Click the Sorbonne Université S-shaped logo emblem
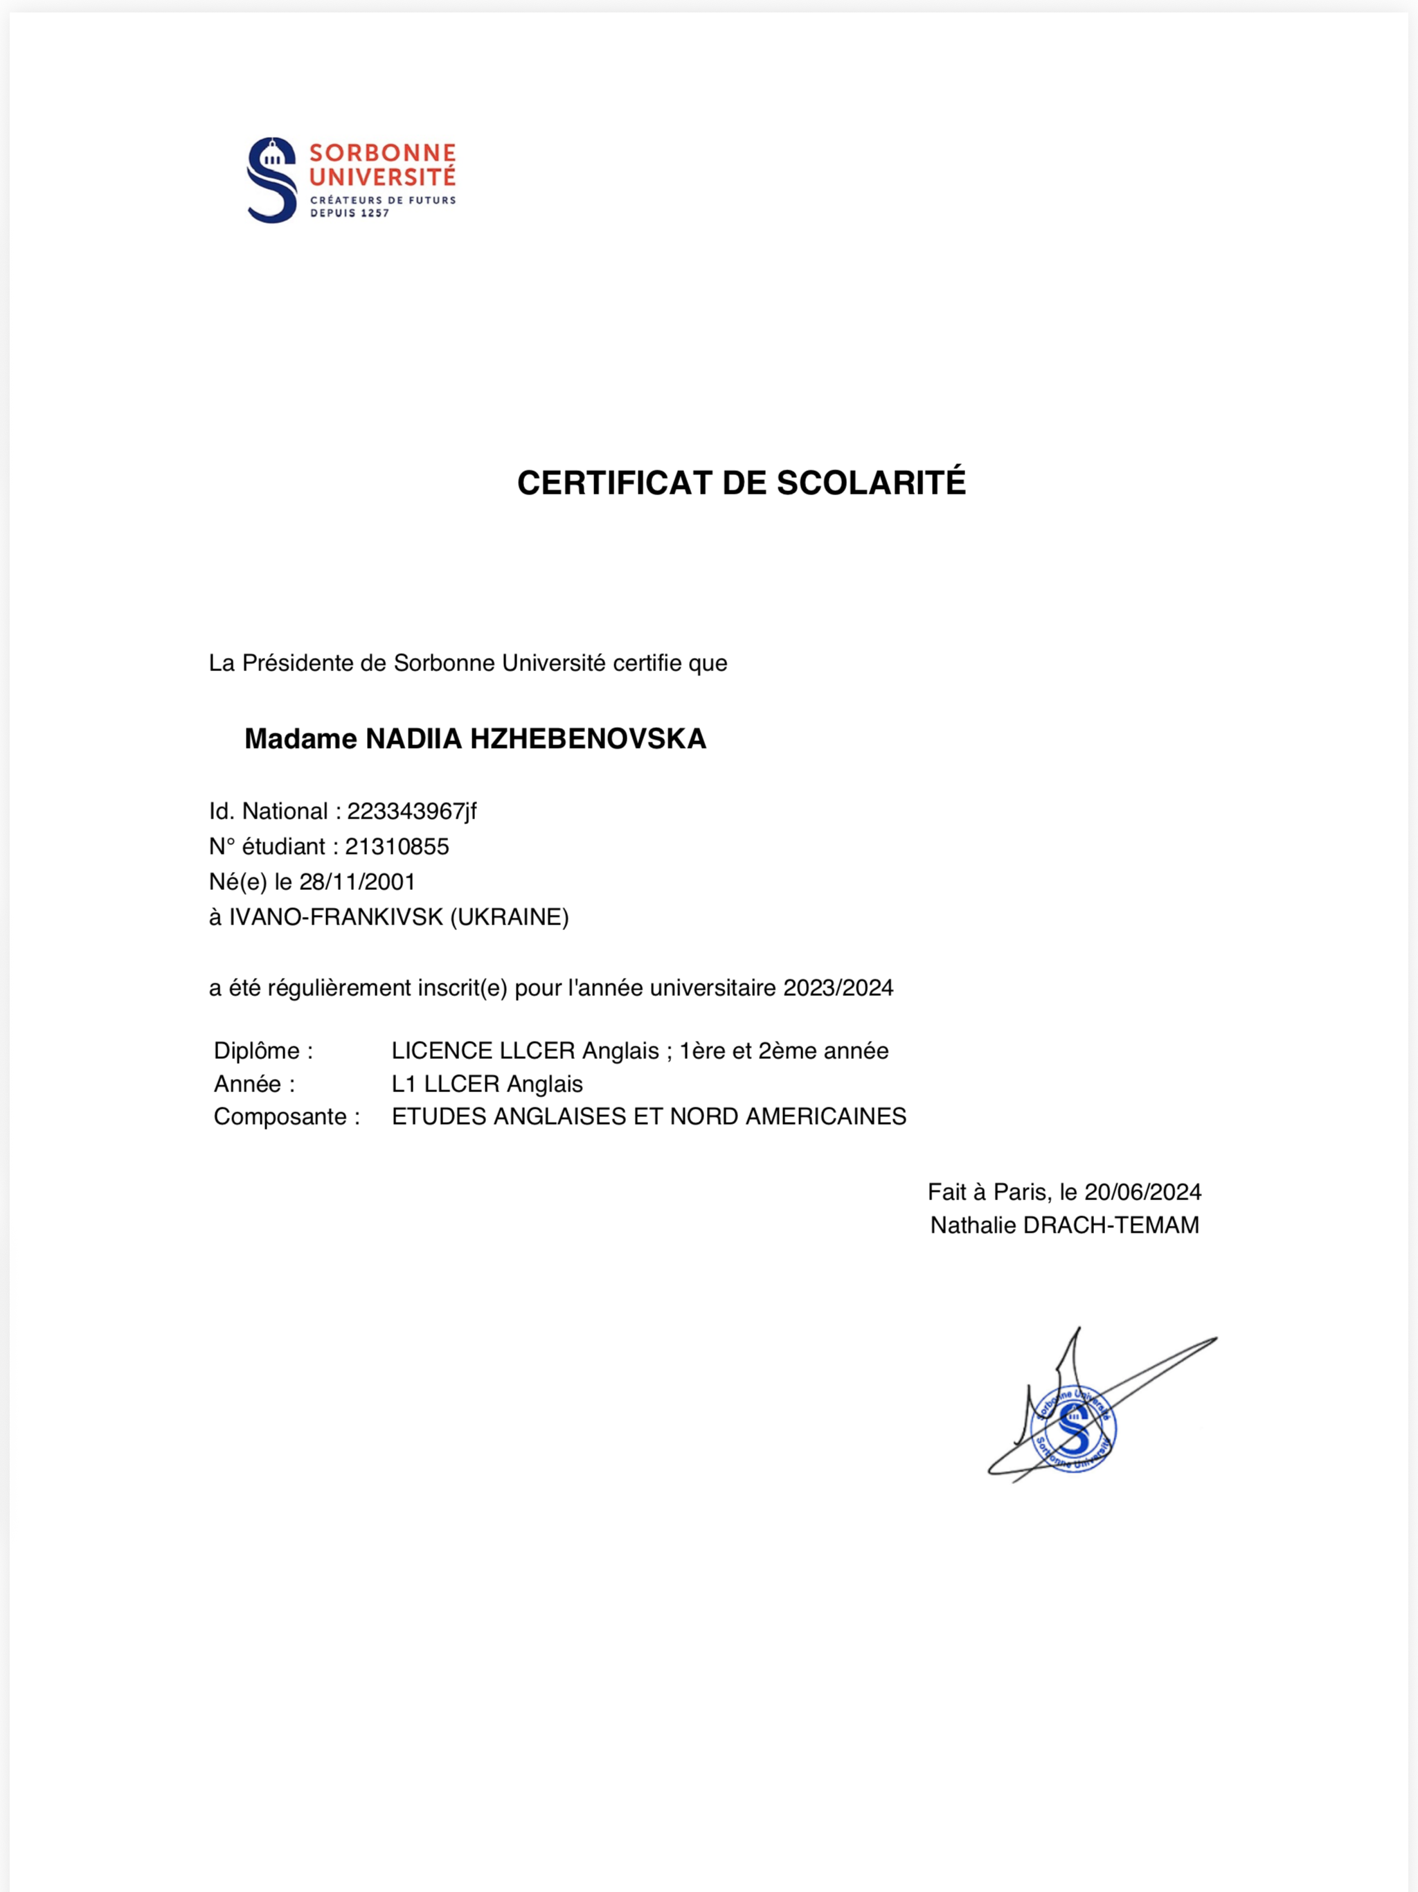[x=272, y=181]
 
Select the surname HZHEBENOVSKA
[x=588, y=739]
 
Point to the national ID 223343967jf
[x=411, y=811]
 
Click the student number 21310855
[x=397, y=847]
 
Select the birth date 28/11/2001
[x=357, y=882]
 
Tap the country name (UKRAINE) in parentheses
[x=510, y=917]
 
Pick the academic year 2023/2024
[x=838, y=988]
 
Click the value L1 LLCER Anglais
[x=487, y=1084]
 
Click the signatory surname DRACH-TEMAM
[x=1111, y=1225]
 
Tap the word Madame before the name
[x=300, y=739]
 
